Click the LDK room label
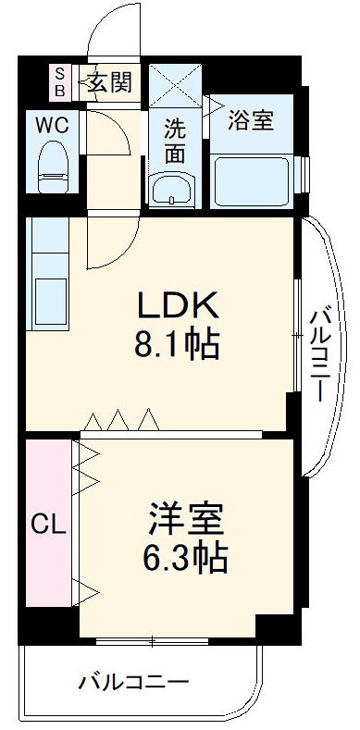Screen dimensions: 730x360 pos(178,304)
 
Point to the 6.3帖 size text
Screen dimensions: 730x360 pos(186,558)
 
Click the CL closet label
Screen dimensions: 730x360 pos(46,525)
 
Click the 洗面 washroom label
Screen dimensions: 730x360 pos(175,141)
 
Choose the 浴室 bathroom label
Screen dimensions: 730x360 pos(252,119)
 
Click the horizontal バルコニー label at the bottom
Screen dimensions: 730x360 pos(132,684)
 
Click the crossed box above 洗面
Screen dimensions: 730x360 pos(176,86)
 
